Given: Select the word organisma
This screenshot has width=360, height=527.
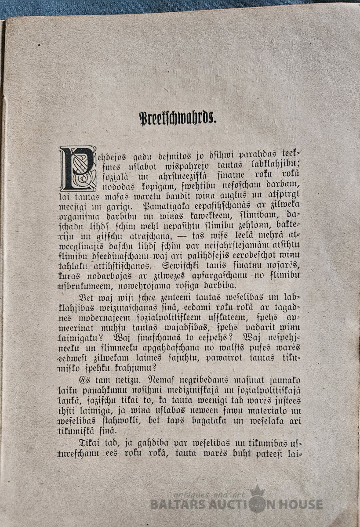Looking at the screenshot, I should click(x=79, y=217).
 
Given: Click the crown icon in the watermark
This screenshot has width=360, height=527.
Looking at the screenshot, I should click(x=258, y=492).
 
